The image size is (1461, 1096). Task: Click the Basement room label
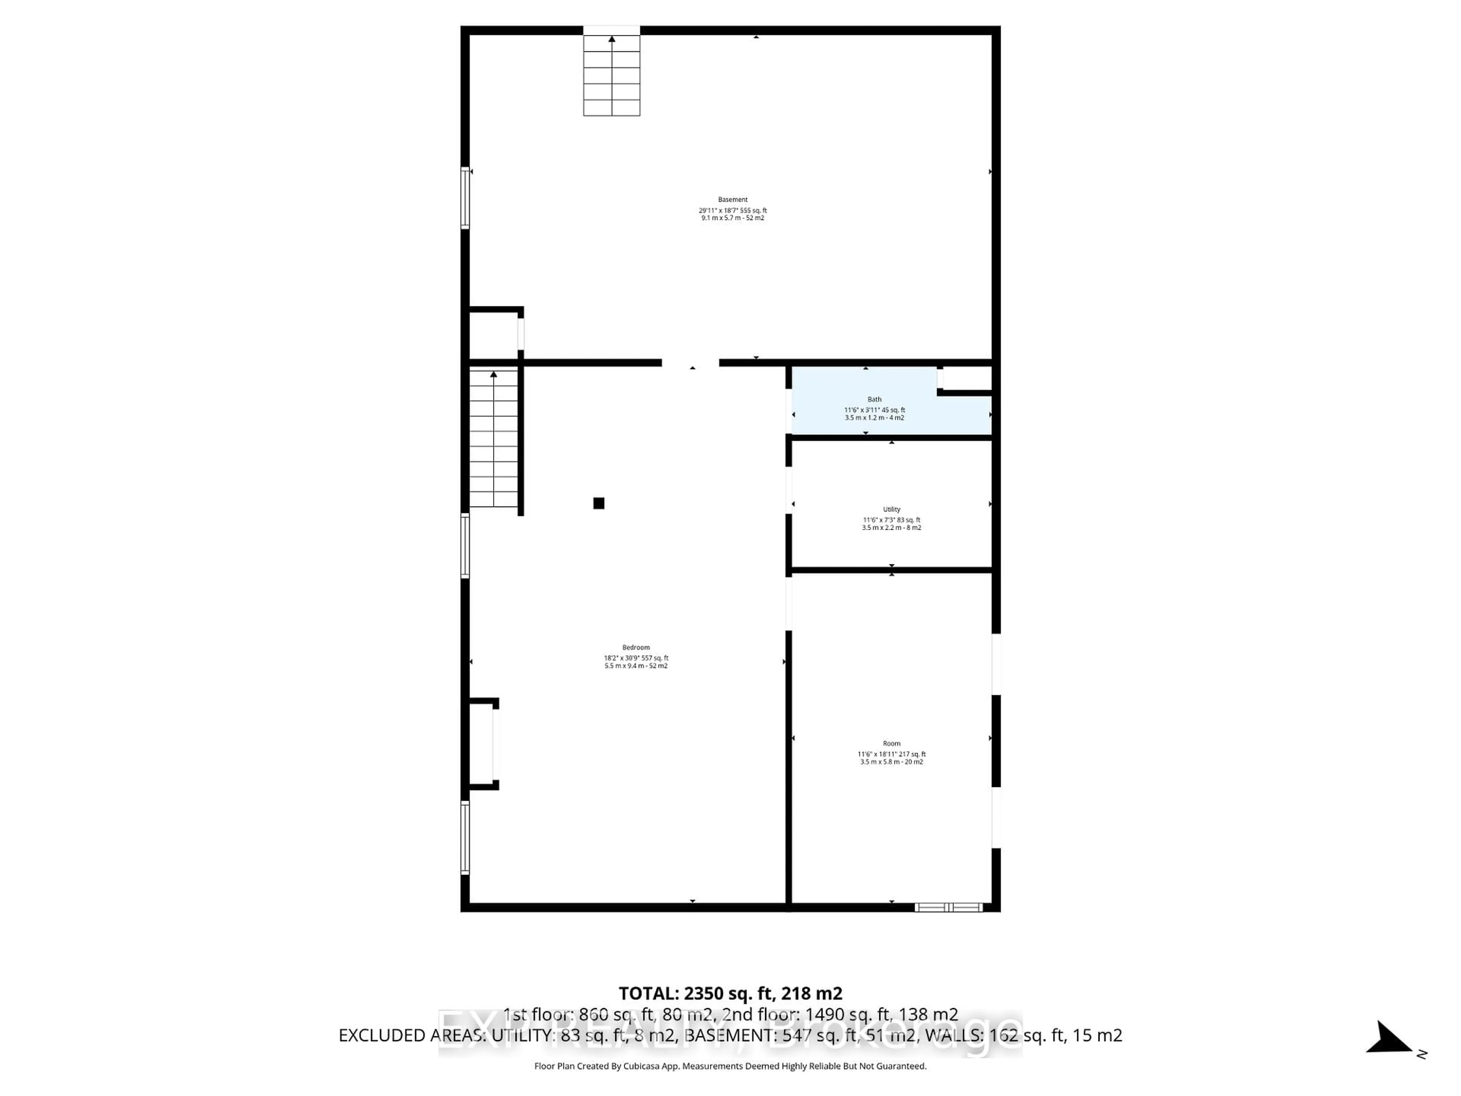[x=732, y=199]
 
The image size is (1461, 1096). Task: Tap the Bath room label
[x=874, y=399]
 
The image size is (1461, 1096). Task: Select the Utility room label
[x=892, y=509]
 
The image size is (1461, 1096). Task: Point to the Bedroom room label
[x=636, y=647]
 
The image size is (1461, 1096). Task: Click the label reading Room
[x=892, y=743]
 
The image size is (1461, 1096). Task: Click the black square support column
[x=598, y=503]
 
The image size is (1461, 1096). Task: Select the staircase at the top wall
[x=612, y=76]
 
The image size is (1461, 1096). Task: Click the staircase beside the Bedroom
[x=493, y=439]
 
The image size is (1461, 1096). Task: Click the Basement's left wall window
[x=465, y=198]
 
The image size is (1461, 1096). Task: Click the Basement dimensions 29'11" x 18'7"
[x=732, y=210]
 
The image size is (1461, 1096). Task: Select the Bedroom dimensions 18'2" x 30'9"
[x=636, y=658]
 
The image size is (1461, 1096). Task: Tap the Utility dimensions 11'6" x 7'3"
[x=892, y=520]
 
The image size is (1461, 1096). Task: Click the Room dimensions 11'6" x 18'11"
[x=892, y=754]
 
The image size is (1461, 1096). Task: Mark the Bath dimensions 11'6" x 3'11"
[x=874, y=409]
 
